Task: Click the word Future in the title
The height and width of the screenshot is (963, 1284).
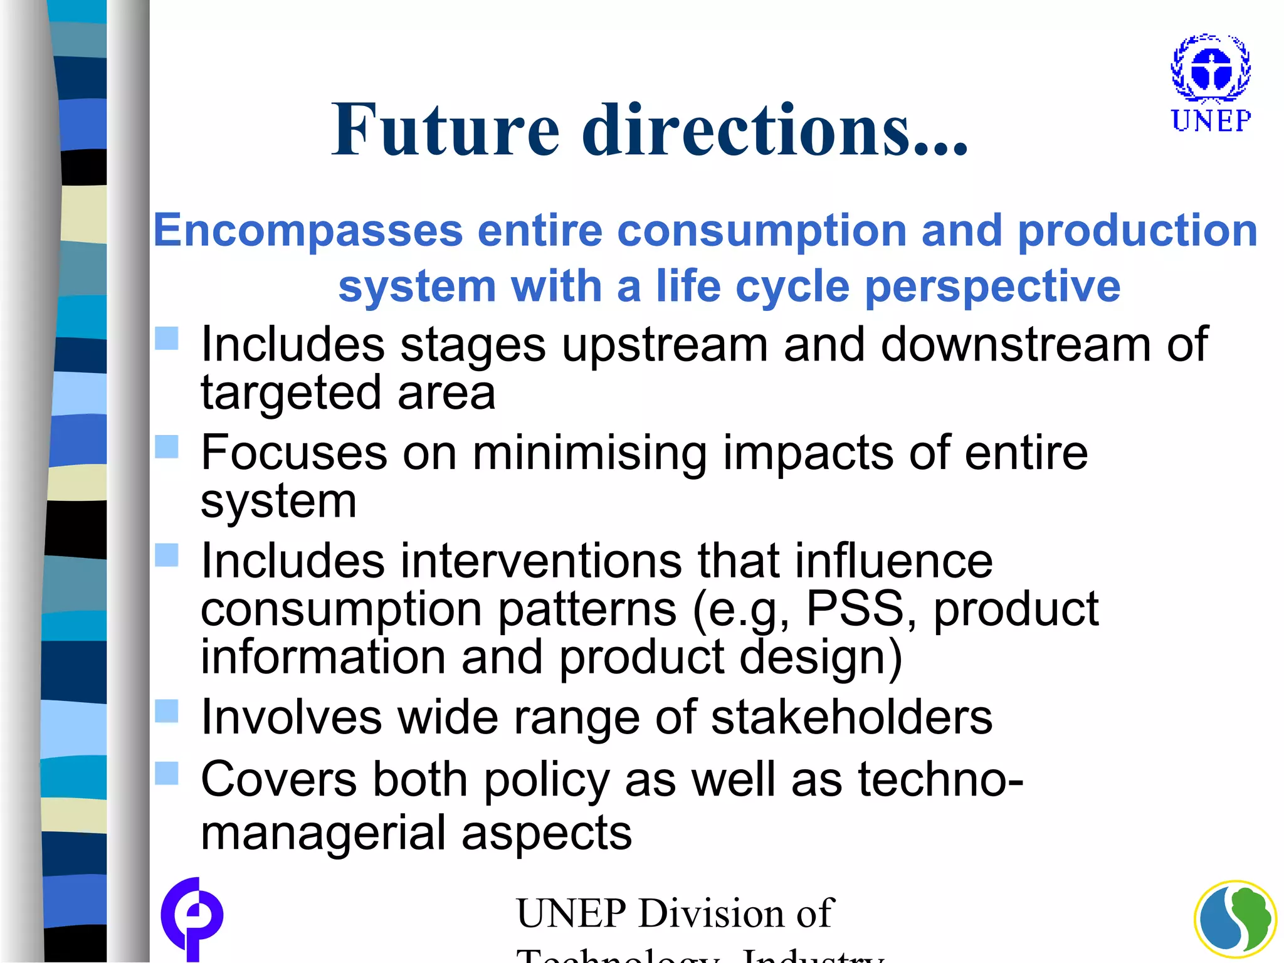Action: pyautogui.click(x=445, y=130)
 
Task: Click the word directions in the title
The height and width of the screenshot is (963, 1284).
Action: pyautogui.click(x=746, y=130)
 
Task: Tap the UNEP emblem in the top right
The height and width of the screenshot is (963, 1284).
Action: pyautogui.click(x=1211, y=68)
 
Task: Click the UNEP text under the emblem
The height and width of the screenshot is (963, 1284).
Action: pyautogui.click(x=1211, y=120)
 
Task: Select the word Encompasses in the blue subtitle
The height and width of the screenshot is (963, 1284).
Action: pyautogui.click(x=308, y=231)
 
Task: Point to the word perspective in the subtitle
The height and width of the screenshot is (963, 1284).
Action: pyautogui.click(x=992, y=287)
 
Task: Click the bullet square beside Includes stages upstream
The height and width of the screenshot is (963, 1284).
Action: pyautogui.click(x=167, y=339)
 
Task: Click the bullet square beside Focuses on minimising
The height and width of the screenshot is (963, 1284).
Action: pyautogui.click(x=167, y=447)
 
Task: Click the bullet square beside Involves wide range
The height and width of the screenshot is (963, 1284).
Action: pyautogui.click(x=167, y=711)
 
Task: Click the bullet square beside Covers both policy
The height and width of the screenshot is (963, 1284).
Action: pyautogui.click(x=167, y=773)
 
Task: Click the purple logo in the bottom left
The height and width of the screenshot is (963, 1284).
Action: pyautogui.click(x=192, y=919)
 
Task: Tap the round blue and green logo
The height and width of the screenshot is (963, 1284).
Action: pyautogui.click(x=1235, y=920)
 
